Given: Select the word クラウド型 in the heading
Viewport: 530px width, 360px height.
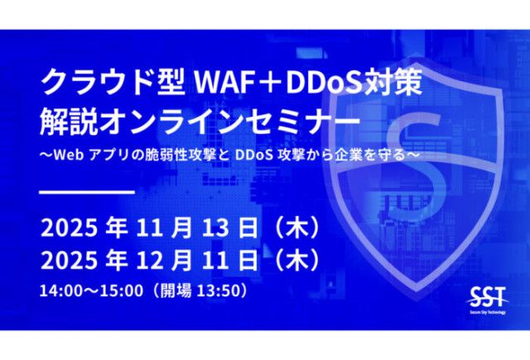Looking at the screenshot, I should [115, 83].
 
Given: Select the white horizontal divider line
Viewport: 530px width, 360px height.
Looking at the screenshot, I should [88, 192].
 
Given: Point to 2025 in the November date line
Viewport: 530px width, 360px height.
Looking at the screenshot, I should [67, 228].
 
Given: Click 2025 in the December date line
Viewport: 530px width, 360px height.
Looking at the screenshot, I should [67, 259].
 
